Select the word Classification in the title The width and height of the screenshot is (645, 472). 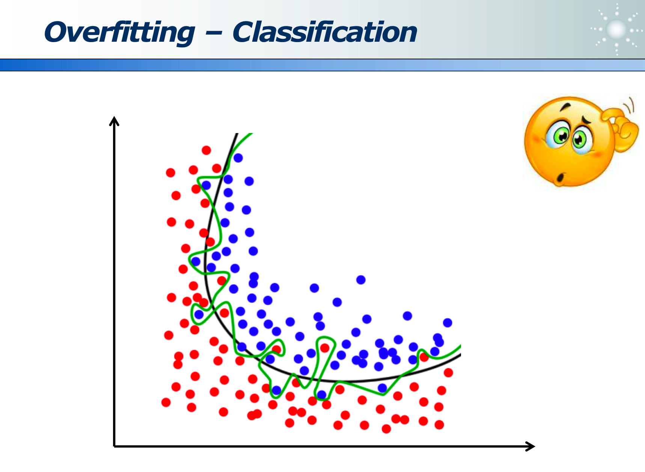coord(325,32)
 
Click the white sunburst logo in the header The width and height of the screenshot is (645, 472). coord(616,29)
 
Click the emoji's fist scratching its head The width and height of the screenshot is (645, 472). coord(621,128)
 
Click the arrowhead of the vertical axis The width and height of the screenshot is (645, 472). coord(114,121)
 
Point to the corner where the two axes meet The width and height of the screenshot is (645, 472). coord(115,446)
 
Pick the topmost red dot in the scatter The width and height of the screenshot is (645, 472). coord(206,150)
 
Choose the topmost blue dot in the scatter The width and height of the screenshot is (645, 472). coord(238,158)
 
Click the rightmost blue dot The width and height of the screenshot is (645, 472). coord(447,322)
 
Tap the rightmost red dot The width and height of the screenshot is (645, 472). coord(448,372)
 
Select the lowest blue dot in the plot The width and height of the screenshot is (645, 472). coord(322,395)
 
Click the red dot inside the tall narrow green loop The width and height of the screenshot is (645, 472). coord(325,348)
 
